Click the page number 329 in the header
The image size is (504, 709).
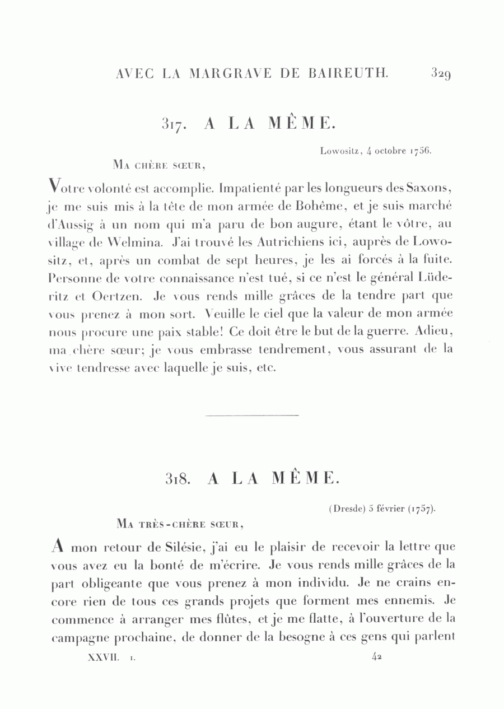pos(441,73)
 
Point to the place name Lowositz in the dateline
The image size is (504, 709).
pos(339,151)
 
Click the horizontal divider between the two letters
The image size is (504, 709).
pos(252,415)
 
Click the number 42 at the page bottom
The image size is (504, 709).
pos(376,659)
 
